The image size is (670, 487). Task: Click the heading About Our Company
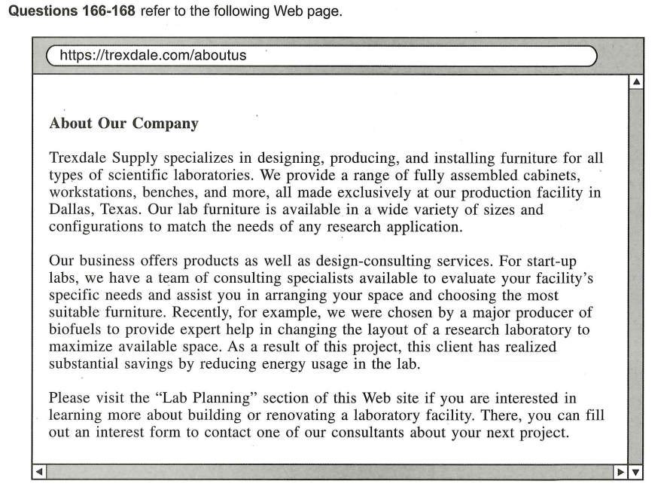coord(123,124)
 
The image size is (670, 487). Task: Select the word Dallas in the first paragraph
coord(69,209)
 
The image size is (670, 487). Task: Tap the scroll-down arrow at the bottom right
coord(637,472)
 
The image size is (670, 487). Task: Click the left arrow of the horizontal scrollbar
coord(40,472)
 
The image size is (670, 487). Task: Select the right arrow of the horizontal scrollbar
coord(621,472)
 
